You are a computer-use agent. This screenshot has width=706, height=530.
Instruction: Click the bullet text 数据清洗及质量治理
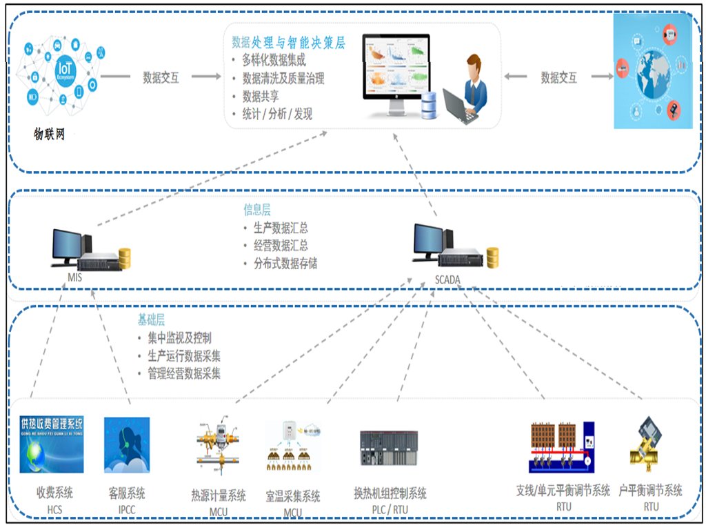(283, 78)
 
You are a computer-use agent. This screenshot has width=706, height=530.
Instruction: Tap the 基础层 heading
(151, 320)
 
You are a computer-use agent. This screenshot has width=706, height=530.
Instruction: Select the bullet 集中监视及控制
(179, 338)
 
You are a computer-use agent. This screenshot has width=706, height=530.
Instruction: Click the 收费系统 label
(54, 493)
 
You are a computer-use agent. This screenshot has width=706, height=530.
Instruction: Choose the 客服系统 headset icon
(126, 445)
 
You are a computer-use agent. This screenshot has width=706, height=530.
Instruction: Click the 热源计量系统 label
(219, 495)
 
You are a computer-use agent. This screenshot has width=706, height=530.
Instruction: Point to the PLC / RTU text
(390, 509)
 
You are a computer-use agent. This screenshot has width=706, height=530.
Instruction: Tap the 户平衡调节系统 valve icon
(645, 442)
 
